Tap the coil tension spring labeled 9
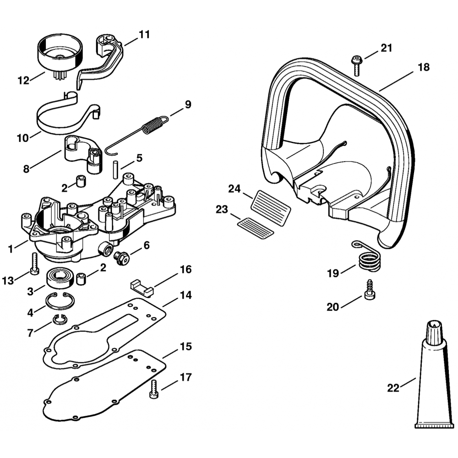[x=151, y=125]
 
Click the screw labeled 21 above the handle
[x=356, y=64]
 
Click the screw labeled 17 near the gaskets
[x=153, y=388]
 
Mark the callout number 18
[x=424, y=67]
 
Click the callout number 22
[x=393, y=388]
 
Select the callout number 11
[x=144, y=34]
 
